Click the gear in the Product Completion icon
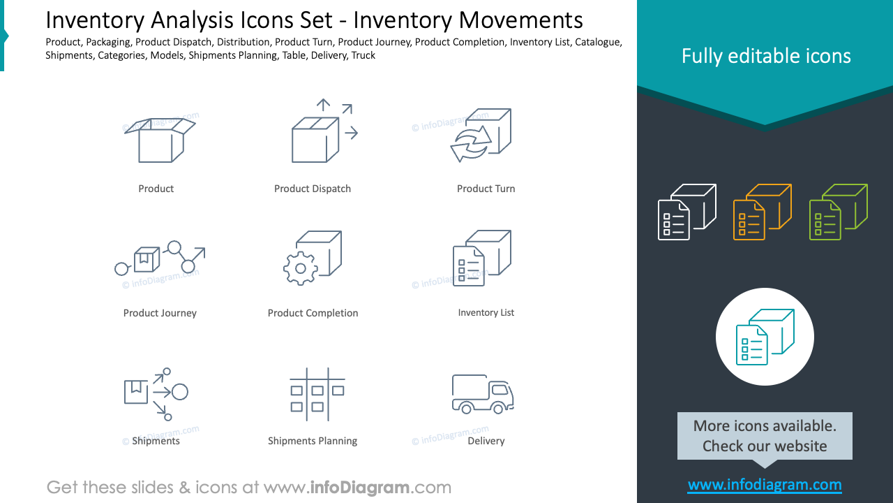click(300, 268)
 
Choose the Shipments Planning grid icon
click(317, 395)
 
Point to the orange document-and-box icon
click(763, 212)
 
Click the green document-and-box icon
click(838, 212)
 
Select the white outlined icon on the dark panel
click(687, 212)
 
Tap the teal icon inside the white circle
click(765, 337)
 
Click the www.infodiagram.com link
click(765, 485)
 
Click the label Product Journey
click(160, 313)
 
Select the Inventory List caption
click(486, 312)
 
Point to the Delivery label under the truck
click(486, 441)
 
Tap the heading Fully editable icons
click(766, 56)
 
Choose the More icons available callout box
click(765, 436)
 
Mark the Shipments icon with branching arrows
click(156, 393)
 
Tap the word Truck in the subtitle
click(363, 55)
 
